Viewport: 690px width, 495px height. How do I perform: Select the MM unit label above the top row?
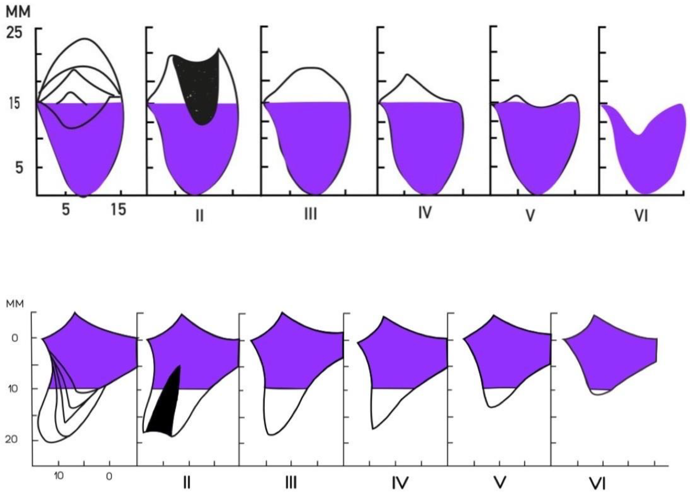click(18, 12)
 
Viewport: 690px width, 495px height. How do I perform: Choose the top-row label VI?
click(641, 216)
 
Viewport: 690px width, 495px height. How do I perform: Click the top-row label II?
click(199, 216)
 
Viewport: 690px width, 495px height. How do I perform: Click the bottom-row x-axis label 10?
click(59, 476)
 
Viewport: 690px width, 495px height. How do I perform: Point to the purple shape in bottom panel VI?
click(605, 359)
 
